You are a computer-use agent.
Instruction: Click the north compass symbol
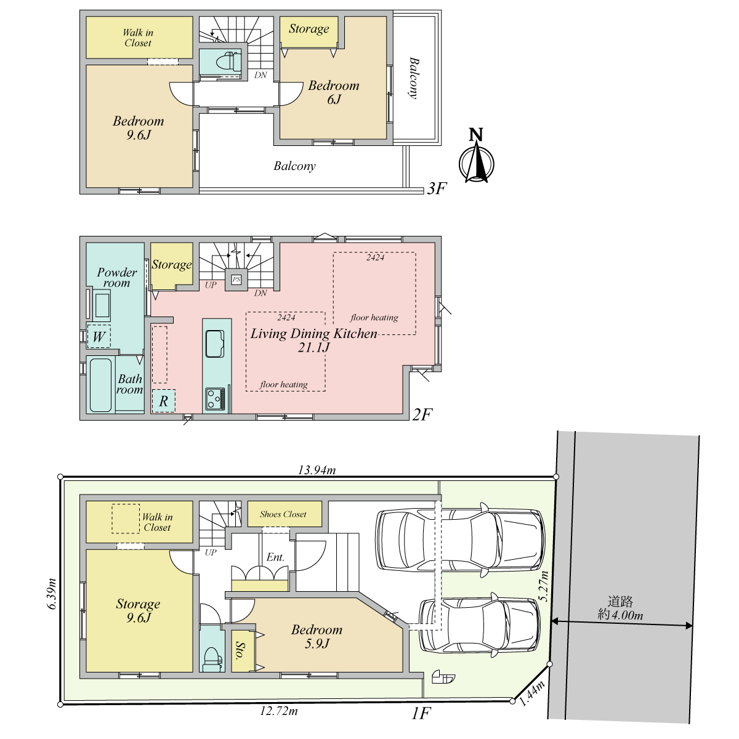476,156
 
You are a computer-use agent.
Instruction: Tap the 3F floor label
437,188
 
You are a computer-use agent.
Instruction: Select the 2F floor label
422,414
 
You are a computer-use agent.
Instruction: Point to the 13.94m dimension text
317,470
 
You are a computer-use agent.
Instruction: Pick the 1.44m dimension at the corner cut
532,693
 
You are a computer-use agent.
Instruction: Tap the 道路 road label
620,601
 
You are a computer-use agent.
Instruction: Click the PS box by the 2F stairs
236,279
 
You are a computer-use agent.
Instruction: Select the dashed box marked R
164,401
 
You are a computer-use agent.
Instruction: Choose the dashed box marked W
99,336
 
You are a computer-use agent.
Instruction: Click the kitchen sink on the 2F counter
215,344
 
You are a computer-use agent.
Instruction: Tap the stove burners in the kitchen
215,399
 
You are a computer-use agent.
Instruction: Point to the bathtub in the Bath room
100,385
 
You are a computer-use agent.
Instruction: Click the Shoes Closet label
283,514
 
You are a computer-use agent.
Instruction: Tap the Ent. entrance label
275,557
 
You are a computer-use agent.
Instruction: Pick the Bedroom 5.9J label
317,636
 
